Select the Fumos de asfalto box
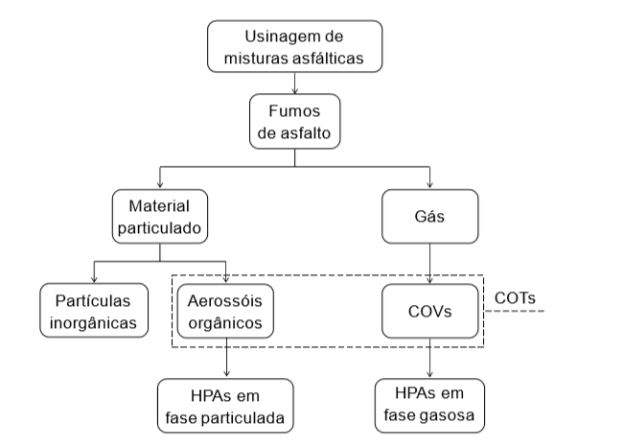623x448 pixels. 296,122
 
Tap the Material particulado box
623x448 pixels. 159,218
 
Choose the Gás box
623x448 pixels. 429,218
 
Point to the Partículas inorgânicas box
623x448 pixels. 94,310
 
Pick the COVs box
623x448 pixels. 429,311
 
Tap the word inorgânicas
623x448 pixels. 94,321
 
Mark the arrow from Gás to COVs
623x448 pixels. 429,263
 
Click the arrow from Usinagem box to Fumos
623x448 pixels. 296,83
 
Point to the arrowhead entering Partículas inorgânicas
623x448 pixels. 94,278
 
